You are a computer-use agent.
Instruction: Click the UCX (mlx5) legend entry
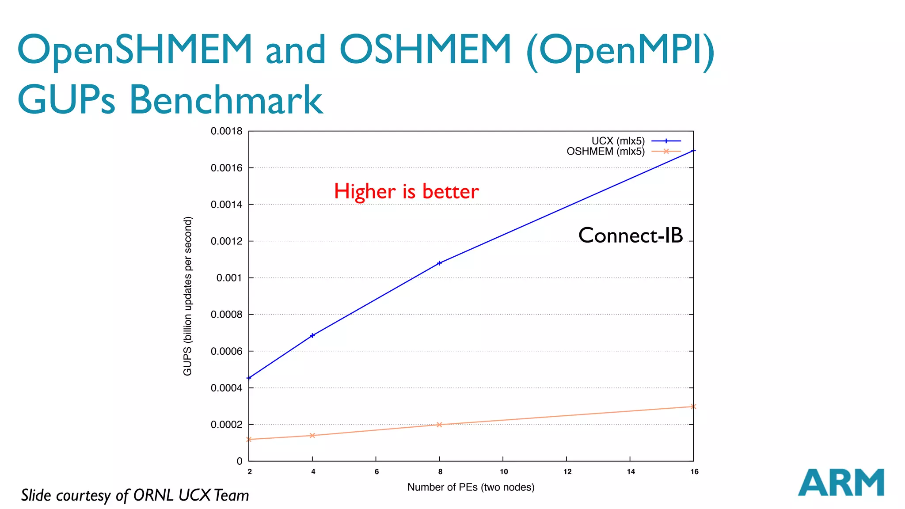point(619,141)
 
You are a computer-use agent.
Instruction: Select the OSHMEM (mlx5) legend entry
point(606,152)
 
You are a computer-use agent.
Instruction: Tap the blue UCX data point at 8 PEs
point(439,263)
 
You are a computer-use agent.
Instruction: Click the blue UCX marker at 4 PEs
point(312,335)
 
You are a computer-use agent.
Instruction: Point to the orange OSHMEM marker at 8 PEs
point(439,425)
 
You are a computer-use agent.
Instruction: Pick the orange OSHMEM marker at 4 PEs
point(312,435)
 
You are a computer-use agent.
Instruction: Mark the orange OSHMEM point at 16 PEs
point(693,406)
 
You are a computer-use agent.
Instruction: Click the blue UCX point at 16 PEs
point(693,151)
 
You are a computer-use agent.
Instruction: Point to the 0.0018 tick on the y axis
point(226,131)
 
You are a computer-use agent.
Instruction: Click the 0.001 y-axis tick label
point(229,278)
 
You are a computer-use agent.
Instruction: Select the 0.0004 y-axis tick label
point(226,388)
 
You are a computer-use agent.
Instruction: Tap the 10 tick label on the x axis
point(504,472)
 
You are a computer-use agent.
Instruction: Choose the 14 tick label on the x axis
point(631,472)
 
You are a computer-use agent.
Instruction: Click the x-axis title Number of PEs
point(471,487)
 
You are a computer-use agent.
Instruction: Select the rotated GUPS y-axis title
point(188,296)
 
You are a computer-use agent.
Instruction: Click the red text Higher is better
point(406,192)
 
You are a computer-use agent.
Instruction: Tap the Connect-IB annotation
point(631,236)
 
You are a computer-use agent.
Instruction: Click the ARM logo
point(840,482)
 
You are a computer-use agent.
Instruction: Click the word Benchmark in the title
point(226,100)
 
